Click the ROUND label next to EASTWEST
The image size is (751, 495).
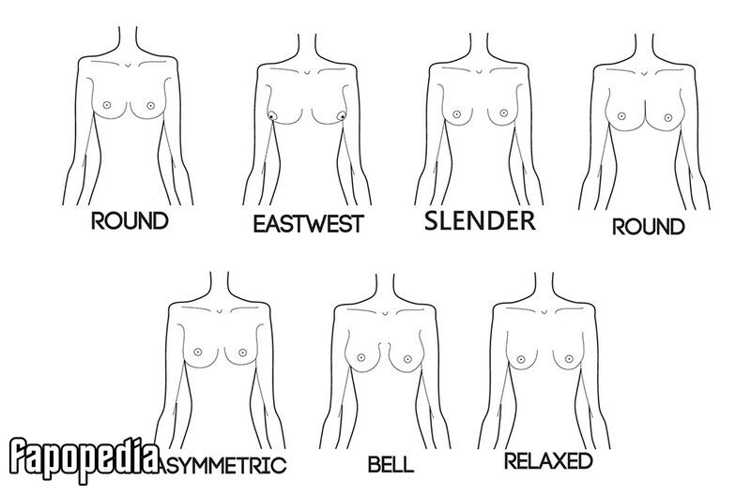click(130, 221)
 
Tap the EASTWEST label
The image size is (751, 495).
click(309, 224)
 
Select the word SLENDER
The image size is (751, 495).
click(480, 220)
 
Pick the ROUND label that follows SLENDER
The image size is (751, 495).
click(649, 226)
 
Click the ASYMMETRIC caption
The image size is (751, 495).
click(222, 465)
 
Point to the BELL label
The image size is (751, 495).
click(391, 464)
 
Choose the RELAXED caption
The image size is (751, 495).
click(548, 461)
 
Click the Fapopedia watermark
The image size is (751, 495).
click(84, 459)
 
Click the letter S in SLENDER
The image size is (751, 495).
click(432, 220)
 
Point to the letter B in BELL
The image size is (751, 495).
click(374, 464)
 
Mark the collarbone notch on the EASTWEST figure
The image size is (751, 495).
click(307, 72)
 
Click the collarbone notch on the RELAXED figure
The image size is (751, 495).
click(544, 312)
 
